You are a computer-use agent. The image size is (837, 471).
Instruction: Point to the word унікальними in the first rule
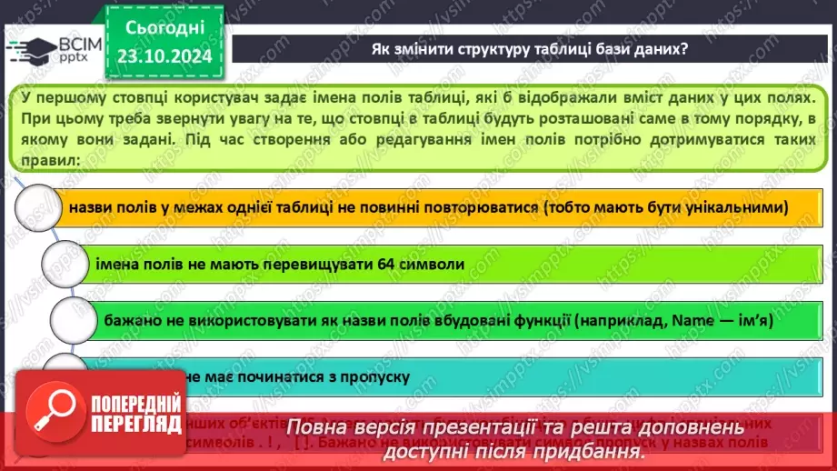pyautogui.click(x=732, y=208)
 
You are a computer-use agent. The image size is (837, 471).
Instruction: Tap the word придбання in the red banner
pyautogui.click(x=587, y=449)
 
